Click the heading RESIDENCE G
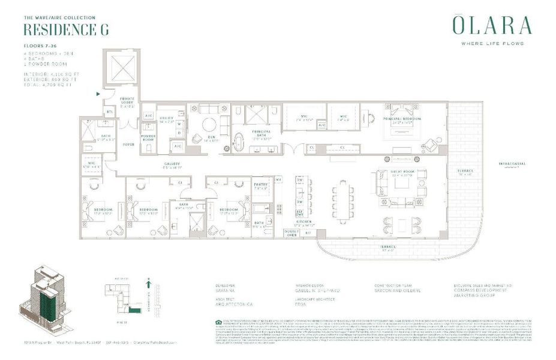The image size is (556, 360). point(66,30)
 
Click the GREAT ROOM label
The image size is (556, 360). point(402,175)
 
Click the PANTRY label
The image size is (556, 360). point(260,185)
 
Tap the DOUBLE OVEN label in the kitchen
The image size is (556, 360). point(291,232)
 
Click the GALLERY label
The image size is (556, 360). point(172,166)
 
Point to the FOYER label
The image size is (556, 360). point(129,144)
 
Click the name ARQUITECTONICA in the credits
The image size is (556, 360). point(233,304)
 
